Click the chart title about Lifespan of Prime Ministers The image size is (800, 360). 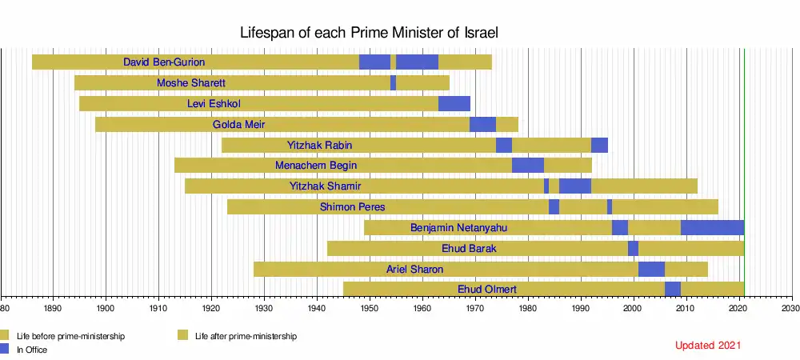pyautogui.click(x=370, y=33)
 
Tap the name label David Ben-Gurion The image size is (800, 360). pyautogui.click(x=164, y=62)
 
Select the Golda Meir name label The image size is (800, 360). pyautogui.click(x=238, y=124)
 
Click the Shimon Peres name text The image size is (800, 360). pyautogui.click(x=352, y=207)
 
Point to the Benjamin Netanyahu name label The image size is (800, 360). pyautogui.click(x=458, y=228)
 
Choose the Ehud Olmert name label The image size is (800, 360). pyautogui.click(x=486, y=289)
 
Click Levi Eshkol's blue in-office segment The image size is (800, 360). pyautogui.click(x=454, y=103)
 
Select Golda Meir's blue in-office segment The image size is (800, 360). pyautogui.click(x=482, y=124)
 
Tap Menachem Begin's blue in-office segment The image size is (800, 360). pyautogui.click(x=528, y=166)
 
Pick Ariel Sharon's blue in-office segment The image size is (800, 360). pyautogui.click(x=651, y=269)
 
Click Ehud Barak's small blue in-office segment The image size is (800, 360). pyautogui.click(x=633, y=249)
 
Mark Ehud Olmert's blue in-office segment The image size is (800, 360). pyautogui.click(x=672, y=289)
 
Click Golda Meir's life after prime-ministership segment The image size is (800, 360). pyautogui.click(x=506, y=124)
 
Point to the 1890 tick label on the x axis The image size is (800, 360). pyautogui.click(x=53, y=307)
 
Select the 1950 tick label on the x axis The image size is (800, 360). pyautogui.click(x=370, y=307)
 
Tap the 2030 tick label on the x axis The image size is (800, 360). pyautogui.click(x=790, y=307)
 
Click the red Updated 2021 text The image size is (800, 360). pyautogui.click(x=708, y=346)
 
